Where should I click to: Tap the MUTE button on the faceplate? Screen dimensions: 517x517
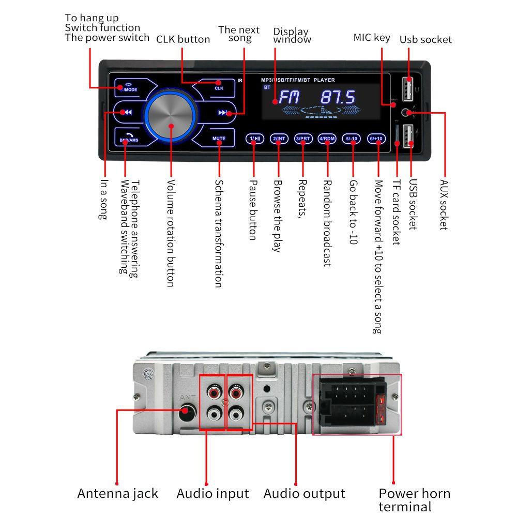click(219, 139)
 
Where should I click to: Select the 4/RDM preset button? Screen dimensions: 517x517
click(327, 139)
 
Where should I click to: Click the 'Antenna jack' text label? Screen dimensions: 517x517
click(117, 493)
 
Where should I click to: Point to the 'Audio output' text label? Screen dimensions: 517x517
click(304, 493)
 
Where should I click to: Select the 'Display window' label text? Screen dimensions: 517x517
click(292, 36)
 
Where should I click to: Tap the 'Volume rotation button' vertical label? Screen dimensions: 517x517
click(171, 233)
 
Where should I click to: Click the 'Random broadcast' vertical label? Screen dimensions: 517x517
click(327, 223)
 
